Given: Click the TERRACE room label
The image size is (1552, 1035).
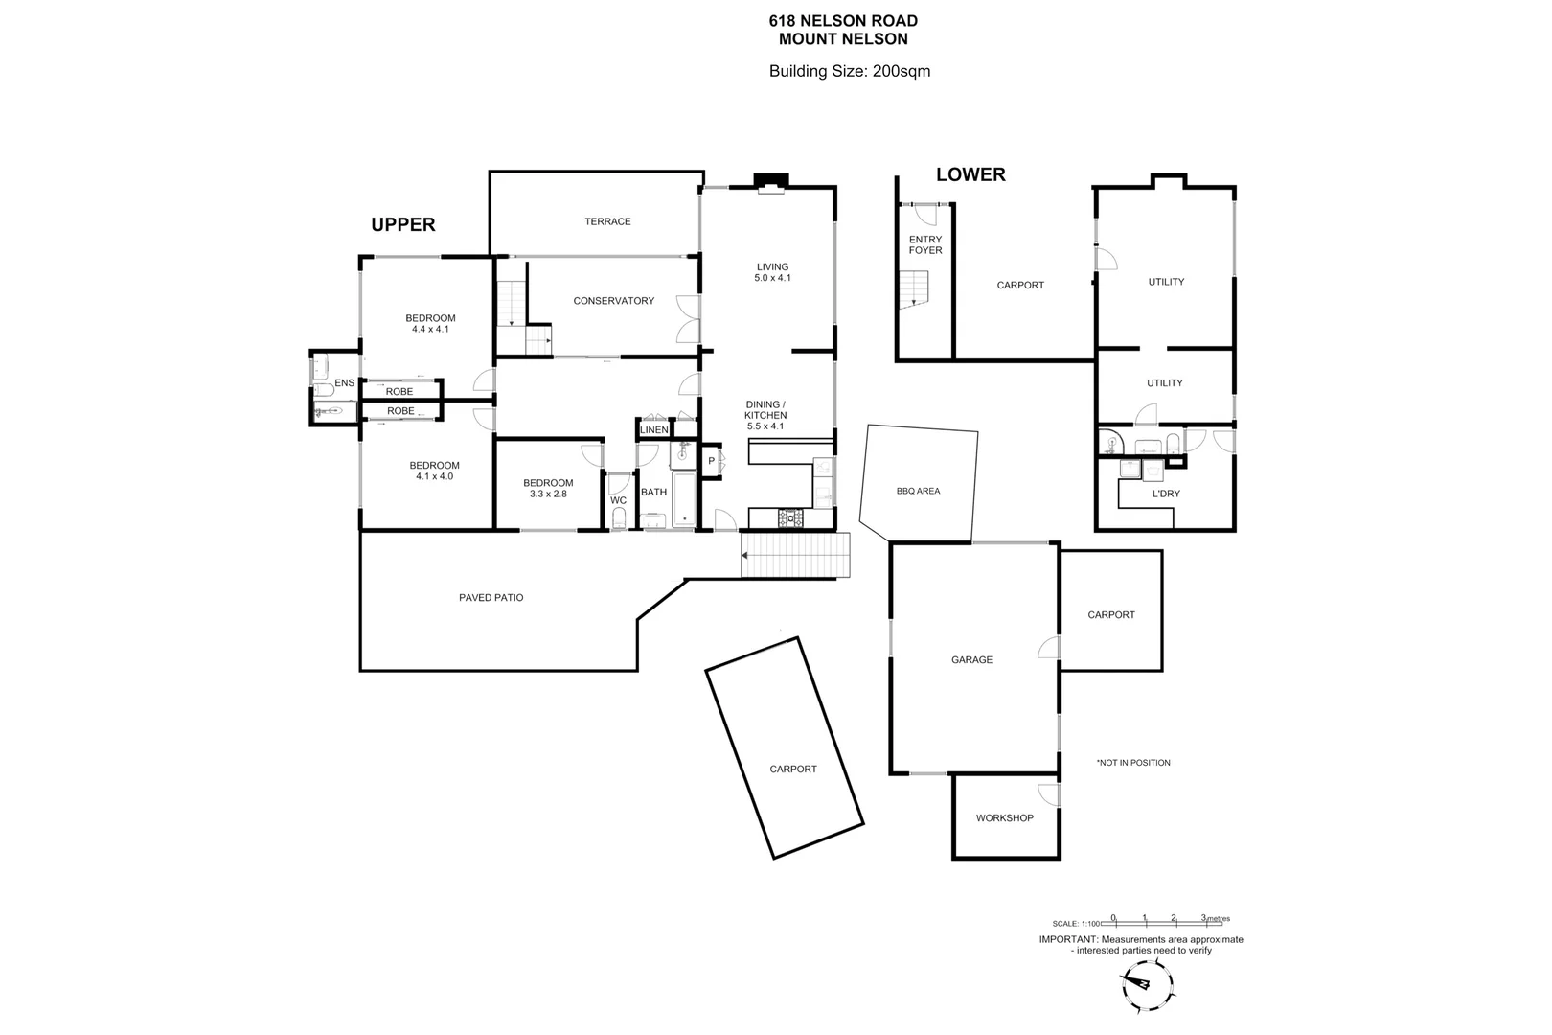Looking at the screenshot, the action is coord(607,221).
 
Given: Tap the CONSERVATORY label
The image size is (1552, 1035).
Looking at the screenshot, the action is coord(613,301).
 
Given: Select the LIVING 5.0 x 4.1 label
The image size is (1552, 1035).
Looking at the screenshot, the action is coord(772,272).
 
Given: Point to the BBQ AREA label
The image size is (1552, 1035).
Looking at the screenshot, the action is coord(918,491).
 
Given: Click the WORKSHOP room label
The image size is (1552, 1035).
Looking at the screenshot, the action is coord(1004,818).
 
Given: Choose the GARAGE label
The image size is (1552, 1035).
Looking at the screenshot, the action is coord(971,659).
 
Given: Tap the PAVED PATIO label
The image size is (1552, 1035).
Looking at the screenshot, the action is coord(491,598).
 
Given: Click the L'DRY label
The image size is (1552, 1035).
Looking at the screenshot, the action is coord(1165,494).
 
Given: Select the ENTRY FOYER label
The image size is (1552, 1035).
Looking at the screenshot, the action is coord(925,244).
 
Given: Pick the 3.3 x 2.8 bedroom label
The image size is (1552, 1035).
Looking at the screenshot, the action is coord(548,489).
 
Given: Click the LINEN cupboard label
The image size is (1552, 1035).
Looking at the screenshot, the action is coord(654,430).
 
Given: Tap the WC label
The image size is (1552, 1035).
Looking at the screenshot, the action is coord(618,500).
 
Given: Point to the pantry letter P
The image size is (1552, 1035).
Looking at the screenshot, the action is coord(711,461).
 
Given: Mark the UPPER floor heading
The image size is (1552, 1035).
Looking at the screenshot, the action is coord(402,224).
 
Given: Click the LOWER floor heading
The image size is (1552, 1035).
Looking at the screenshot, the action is coord(970,174).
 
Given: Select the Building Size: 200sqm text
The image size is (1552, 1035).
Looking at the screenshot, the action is coord(850,71).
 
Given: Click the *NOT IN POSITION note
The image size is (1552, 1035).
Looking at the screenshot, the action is coord(1133,763).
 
